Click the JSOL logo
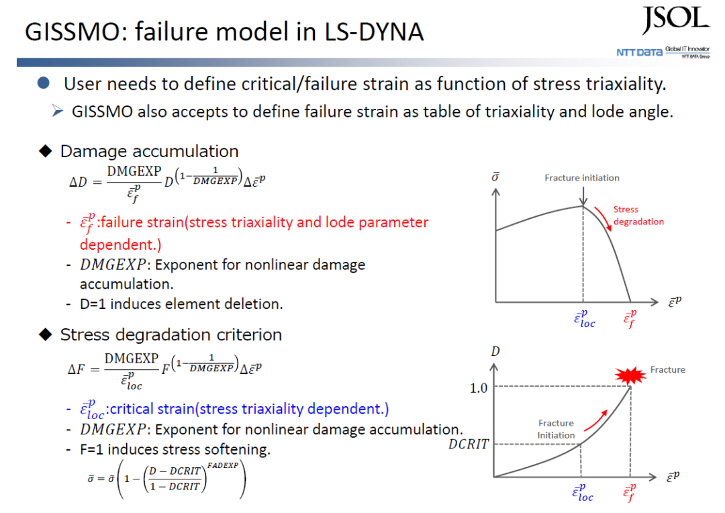tap(675, 20)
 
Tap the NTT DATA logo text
tap(639, 52)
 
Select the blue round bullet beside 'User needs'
tap(44, 83)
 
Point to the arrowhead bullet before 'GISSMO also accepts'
tap(57, 111)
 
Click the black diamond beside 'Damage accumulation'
tap(46, 151)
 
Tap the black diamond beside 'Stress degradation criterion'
tap(46, 334)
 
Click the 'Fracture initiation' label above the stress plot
tap(581, 178)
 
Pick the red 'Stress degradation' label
tap(638, 216)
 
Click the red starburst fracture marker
tap(630, 375)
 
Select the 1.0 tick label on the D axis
tap(479, 387)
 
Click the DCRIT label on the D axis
tap(469, 444)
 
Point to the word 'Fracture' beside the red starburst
tap(668, 369)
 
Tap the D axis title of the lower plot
tap(495, 352)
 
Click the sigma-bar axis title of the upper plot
tap(495, 177)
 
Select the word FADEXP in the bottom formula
tap(223, 465)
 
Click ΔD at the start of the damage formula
tap(78, 182)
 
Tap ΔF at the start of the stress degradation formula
tap(77, 369)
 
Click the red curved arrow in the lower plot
tap(595, 420)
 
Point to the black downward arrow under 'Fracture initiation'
tap(583, 196)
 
